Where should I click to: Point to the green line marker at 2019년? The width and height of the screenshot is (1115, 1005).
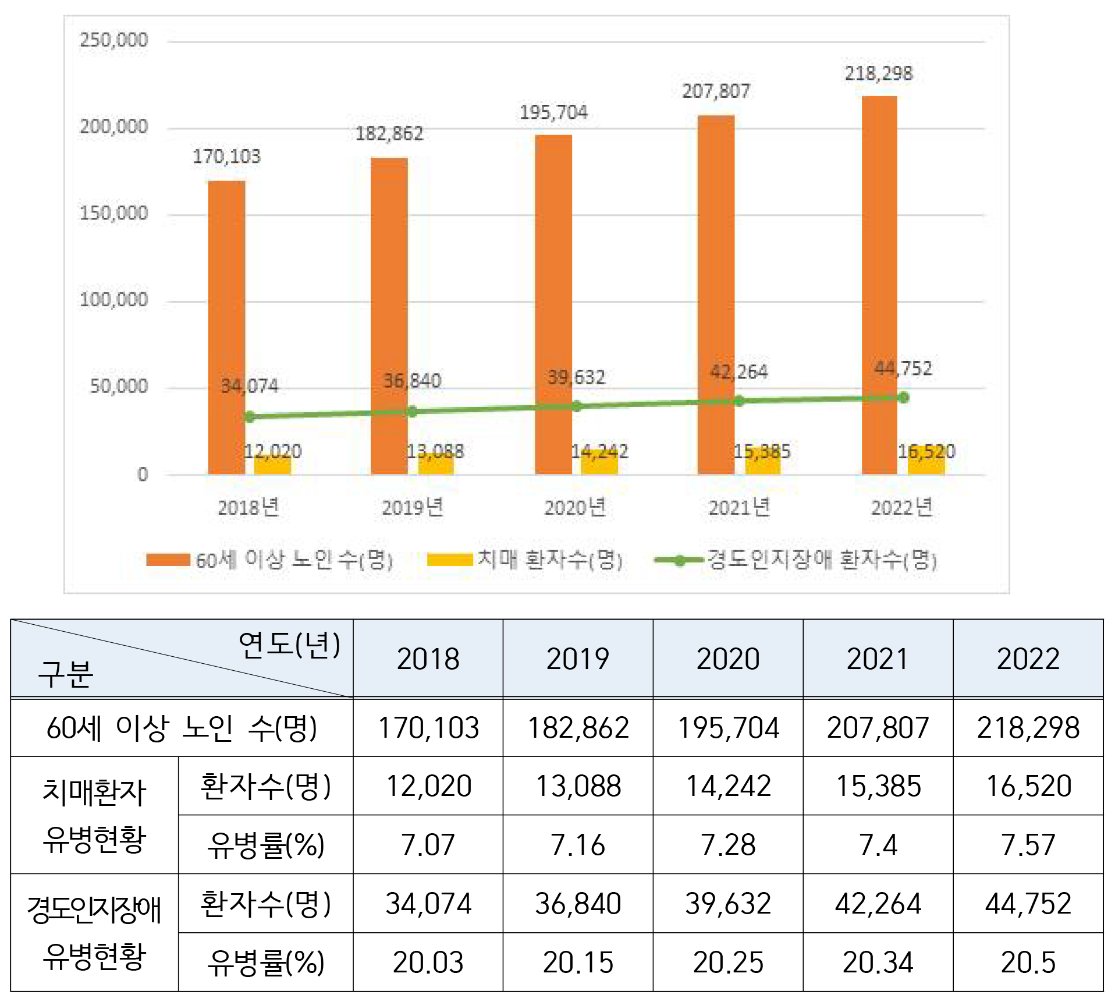(x=412, y=412)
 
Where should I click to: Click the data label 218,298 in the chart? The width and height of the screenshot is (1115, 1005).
(x=879, y=73)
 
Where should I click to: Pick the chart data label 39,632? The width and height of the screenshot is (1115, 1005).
(x=576, y=377)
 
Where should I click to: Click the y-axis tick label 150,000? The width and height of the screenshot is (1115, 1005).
(x=113, y=213)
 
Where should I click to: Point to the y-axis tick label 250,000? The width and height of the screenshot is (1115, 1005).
(x=113, y=40)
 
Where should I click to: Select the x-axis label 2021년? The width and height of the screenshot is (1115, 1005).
(x=739, y=508)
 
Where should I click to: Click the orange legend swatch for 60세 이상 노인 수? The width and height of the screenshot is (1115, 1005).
(x=168, y=560)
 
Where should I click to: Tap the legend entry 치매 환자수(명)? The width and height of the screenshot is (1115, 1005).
(x=550, y=560)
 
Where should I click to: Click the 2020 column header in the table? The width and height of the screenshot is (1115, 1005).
(x=728, y=659)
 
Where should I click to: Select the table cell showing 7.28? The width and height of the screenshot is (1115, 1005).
(x=728, y=844)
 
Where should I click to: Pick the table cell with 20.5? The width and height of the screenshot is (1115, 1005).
(x=1028, y=962)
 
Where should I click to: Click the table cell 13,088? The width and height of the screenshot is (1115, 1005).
(x=578, y=786)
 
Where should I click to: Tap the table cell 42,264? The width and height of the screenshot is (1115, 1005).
(x=878, y=904)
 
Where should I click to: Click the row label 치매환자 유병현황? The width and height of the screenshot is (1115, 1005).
(x=94, y=815)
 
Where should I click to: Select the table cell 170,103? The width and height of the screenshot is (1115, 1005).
(x=428, y=728)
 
